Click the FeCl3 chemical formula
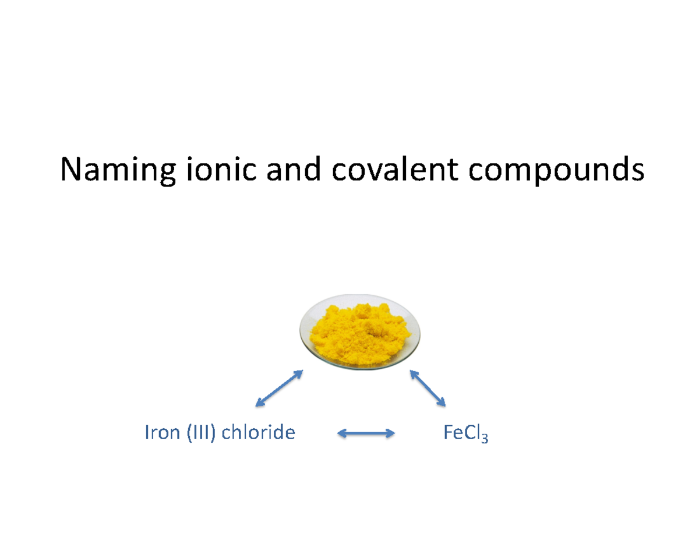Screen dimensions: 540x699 pyautogui.click(x=465, y=433)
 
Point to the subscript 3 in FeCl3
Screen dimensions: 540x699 pyautogui.click(x=485, y=438)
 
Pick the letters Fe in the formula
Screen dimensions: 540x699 pyautogui.click(x=451, y=433)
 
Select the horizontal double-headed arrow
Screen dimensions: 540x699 pyautogui.click(x=367, y=433)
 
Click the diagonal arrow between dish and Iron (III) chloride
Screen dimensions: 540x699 pyautogui.click(x=279, y=388)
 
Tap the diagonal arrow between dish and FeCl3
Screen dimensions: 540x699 pyautogui.click(x=428, y=388)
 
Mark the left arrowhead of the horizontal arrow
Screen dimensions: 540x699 pyautogui.click(x=343, y=433)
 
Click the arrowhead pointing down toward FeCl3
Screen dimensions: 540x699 pyautogui.click(x=442, y=403)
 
